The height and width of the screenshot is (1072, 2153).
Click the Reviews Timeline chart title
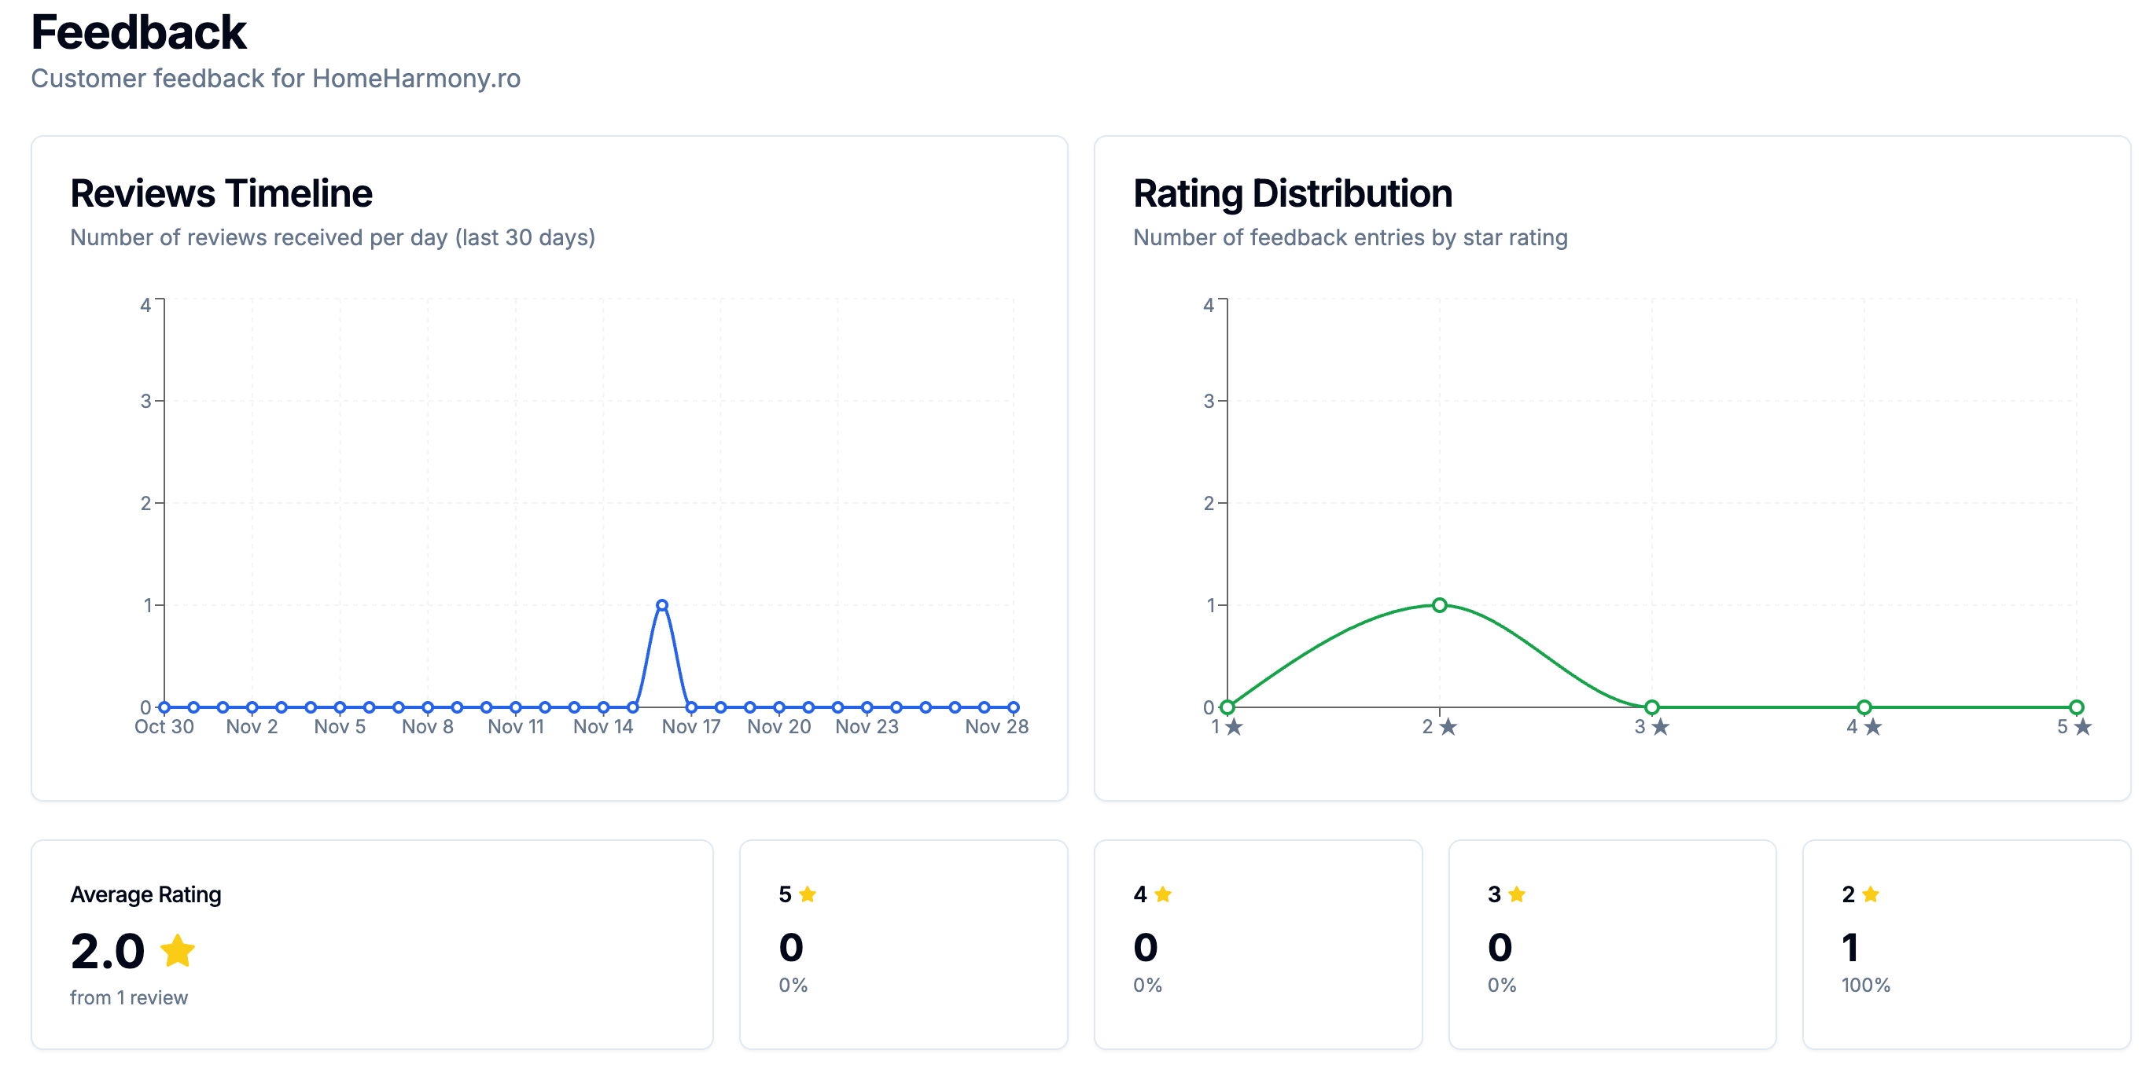[x=221, y=193]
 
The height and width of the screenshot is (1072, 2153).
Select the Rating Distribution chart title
[x=1292, y=193]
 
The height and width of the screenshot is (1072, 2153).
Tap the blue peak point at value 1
[x=662, y=605]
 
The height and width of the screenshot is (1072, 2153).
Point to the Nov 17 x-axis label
[x=690, y=727]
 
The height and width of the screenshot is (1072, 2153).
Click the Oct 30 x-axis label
[x=164, y=727]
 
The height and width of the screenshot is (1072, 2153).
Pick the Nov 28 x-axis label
[x=996, y=727]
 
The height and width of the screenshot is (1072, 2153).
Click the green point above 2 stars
[x=1439, y=605]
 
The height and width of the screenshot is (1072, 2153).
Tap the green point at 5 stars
[x=2076, y=707]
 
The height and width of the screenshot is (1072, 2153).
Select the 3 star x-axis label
[x=1651, y=727]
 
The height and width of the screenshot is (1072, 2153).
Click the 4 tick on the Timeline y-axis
[x=145, y=305]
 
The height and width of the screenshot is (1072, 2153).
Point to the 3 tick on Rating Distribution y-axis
[x=1209, y=401]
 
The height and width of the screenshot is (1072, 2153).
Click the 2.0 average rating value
[x=108, y=951]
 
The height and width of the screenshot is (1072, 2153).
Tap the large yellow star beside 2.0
[x=177, y=950]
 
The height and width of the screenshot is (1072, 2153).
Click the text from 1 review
[x=129, y=997]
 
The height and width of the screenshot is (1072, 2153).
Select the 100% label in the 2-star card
[x=1865, y=985]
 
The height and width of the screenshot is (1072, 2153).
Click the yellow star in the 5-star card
[x=808, y=895]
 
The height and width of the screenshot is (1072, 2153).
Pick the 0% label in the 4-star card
[x=1147, y=985]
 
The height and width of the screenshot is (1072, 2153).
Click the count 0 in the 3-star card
[x=1500, y=948]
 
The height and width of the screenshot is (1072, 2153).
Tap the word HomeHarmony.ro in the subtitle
[x=415, y=79]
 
